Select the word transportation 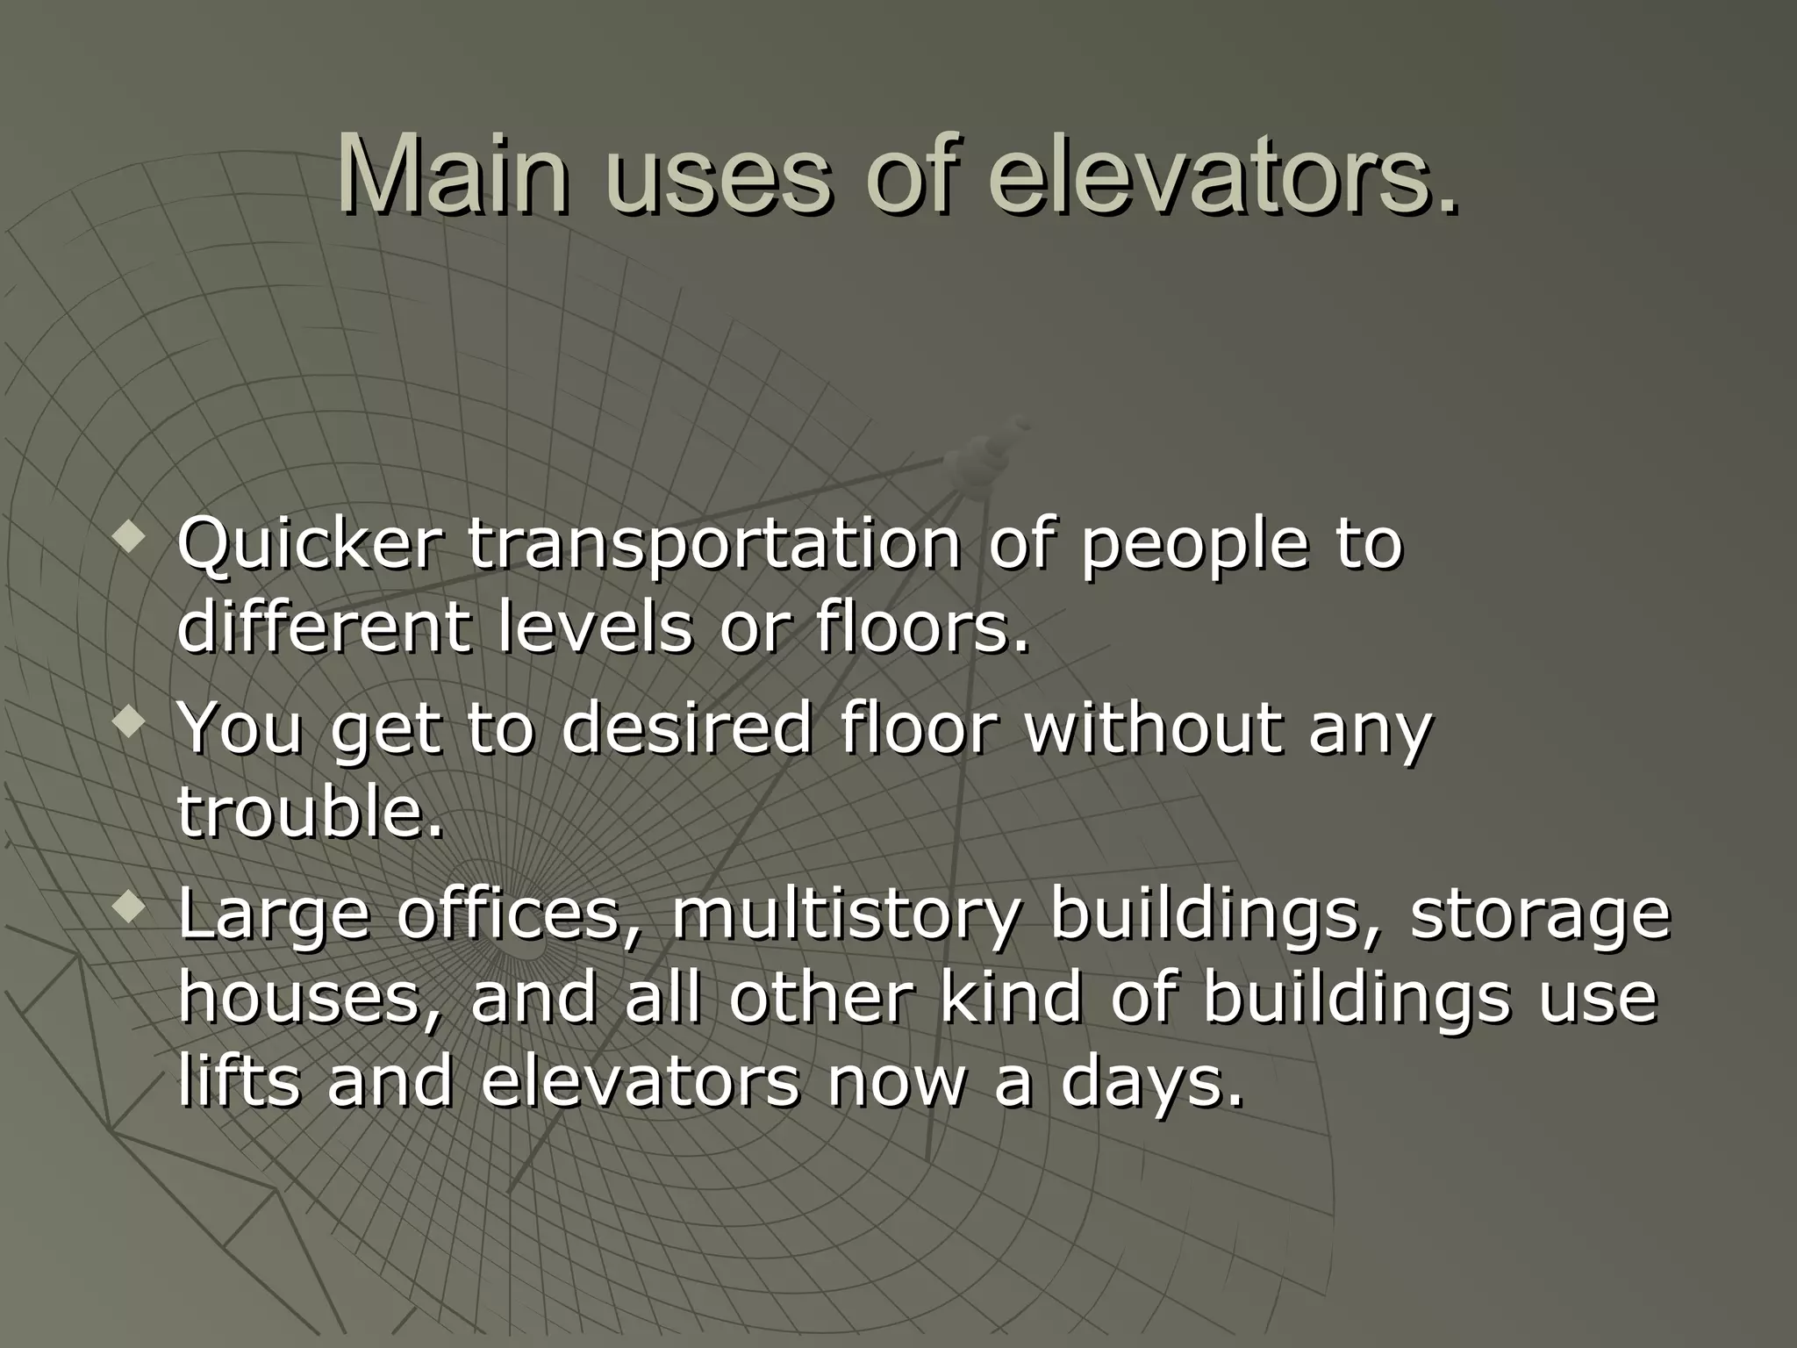tap(713, 545)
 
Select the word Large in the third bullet tap(274, 915)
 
